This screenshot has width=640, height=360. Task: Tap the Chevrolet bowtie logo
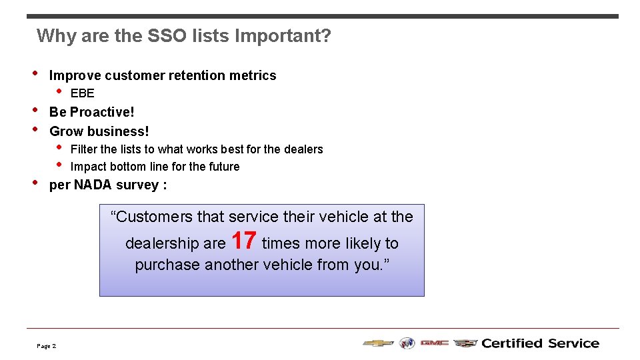(x=378, y=343)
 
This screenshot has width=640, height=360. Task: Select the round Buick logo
(x=407, y=343)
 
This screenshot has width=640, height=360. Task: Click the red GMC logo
(x=434, y=343)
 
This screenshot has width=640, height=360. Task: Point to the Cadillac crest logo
(x=465, y=343)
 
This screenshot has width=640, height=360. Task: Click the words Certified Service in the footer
(x=540, y=343)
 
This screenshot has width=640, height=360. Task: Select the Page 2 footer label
(x=47, y=346)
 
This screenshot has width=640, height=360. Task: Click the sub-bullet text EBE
(x=83, y=93)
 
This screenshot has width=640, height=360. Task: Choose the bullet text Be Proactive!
(x=92, y=112)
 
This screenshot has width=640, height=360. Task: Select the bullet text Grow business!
(x=99, y=131)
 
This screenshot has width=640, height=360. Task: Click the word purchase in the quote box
(x=167, y=265)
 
